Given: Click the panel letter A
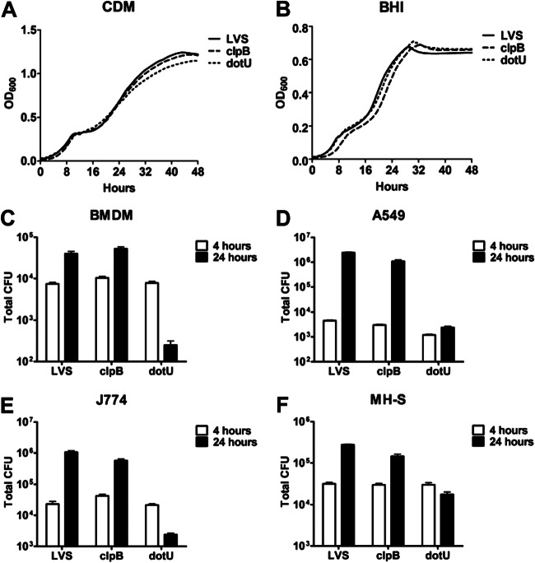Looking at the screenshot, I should [9, 11].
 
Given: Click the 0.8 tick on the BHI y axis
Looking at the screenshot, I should [298, 30].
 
